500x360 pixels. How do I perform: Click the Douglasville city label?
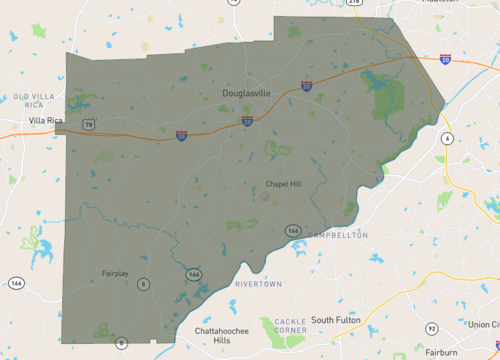[x=245, y=93]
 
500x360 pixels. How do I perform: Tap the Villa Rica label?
[x=45, y=119]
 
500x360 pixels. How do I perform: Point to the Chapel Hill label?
[x=283, y=183]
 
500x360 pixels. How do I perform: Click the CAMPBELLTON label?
[x=339, y=236]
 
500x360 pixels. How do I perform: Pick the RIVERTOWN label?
[x=258, y=285]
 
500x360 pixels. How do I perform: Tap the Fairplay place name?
[x=117, y=272]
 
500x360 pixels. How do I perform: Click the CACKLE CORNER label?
[x=290, y=325]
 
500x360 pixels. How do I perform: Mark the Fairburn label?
[x=440, y=352]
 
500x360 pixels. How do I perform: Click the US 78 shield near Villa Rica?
[x=89, y=125]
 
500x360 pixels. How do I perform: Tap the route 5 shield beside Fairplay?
[x=143, y=285]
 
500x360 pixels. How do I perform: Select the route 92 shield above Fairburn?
[x=431, y=328]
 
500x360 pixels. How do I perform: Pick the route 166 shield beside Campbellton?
[x=293, y=230]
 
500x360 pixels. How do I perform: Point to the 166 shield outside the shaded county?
[x=16, y=284]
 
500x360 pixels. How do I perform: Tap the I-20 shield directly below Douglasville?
[x=246, y=122]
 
